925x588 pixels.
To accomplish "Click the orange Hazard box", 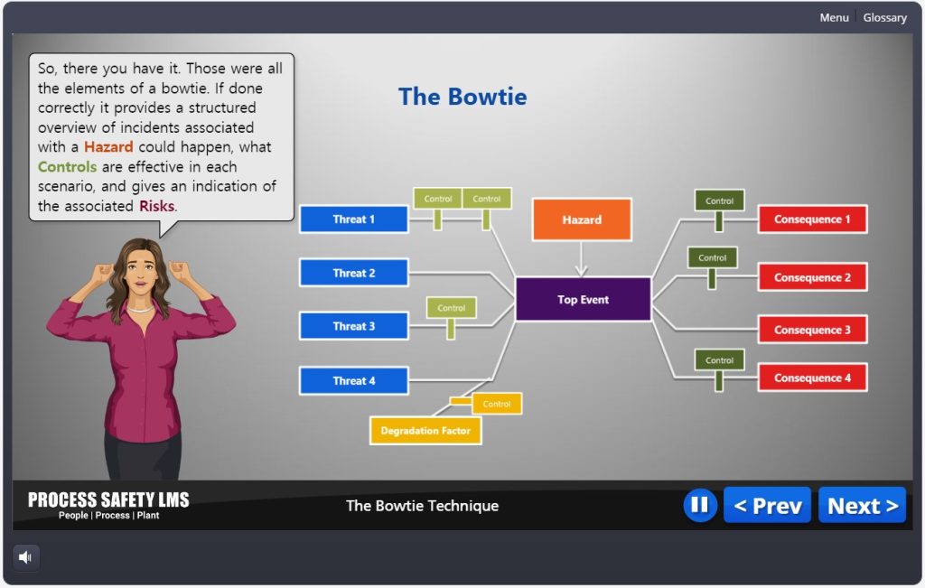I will coord(581,219).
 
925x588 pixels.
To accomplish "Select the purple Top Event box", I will coord(583,300).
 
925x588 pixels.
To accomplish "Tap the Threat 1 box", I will coord(353,219).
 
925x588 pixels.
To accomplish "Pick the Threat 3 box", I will coord(353,326).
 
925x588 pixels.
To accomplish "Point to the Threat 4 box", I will coord(353,381).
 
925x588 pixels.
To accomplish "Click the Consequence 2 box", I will coord(812,277).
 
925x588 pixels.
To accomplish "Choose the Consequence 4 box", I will coord(812,378).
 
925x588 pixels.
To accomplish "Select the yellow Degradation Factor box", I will coord(425,431).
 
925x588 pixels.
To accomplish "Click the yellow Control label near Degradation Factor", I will coord(497,404).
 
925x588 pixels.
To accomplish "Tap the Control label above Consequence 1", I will coord(719,201).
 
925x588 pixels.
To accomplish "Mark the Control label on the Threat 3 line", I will coord(451,308).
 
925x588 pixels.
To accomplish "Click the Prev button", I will coord(767,506).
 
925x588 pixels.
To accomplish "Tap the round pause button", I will coord(699,506).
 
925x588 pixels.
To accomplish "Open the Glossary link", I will coord(884,17).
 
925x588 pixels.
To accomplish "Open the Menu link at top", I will coord(834,17).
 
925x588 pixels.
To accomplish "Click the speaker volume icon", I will coord(25,557).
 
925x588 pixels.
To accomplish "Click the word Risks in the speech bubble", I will coord(156,206).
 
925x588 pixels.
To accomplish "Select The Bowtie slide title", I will coord(462,97).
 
